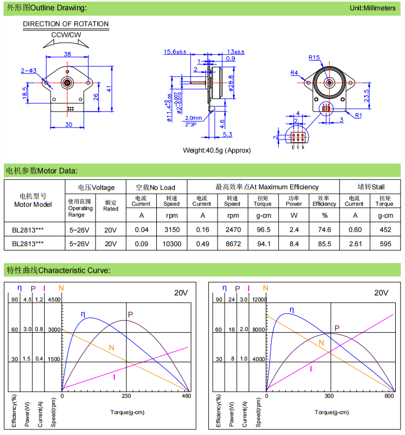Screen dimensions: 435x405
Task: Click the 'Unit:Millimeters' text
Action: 373,8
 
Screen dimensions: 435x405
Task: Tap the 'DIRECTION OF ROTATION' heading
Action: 66,24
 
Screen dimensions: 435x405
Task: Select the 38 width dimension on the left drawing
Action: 67,54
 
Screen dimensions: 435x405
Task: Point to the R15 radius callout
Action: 314,57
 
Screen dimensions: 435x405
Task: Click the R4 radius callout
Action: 294,73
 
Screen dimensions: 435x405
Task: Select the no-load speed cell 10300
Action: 171,243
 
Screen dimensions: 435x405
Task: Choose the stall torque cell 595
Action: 384,243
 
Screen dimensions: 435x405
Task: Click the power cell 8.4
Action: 294,243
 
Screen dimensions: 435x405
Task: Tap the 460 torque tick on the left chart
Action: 187,396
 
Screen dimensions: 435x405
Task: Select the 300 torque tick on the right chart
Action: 329,396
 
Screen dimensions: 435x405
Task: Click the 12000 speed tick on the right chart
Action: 258,299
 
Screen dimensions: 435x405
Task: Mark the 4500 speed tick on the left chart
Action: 55,299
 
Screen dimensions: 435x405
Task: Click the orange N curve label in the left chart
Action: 111,347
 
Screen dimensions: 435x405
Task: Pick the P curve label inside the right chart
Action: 337,328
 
